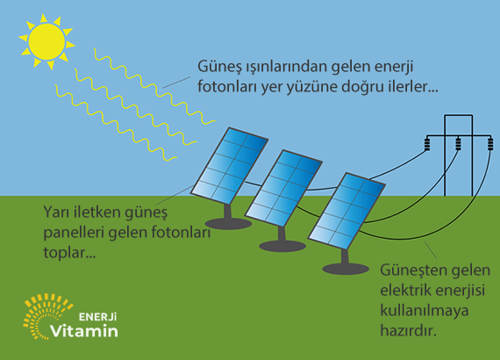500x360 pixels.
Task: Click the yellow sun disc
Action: [46, 41]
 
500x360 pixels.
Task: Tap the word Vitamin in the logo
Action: [84, 331]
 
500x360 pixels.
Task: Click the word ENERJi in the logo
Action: [97, 317]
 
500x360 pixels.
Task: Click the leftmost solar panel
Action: [229, 166]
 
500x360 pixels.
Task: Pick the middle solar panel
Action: [283, 188]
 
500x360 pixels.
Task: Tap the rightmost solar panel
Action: [346, 211]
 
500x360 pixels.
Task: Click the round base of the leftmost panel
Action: [228, 224]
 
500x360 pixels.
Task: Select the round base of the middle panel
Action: [282, 246]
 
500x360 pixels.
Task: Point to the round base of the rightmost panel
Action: [346, 269]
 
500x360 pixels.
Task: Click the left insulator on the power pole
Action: [427, 144]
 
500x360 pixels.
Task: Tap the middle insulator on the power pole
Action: [458, 144]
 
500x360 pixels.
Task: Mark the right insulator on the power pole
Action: [490, 144]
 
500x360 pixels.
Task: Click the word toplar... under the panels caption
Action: [69, 253]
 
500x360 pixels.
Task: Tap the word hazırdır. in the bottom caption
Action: [408, 330]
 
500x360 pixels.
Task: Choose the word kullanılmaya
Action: [425, 311]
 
